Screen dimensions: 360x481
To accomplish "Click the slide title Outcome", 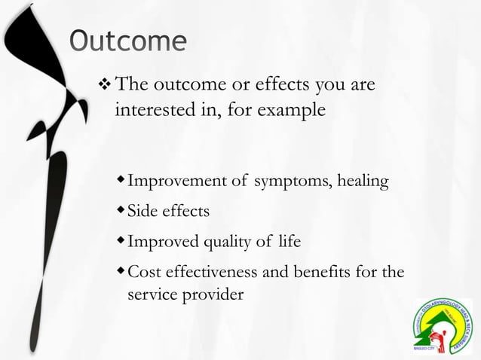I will (127, 42).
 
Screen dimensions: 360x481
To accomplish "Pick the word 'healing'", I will (363, 182).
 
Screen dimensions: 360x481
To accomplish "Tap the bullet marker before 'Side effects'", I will (121, 211).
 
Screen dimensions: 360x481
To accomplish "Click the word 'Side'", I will (141, 212).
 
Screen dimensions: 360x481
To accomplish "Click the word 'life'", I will (289, 242).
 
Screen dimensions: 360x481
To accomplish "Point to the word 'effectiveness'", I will (210, 272).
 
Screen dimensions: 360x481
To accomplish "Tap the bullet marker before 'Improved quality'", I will (121, 241).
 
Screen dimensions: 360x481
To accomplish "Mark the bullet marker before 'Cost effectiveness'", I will (121, 271).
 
